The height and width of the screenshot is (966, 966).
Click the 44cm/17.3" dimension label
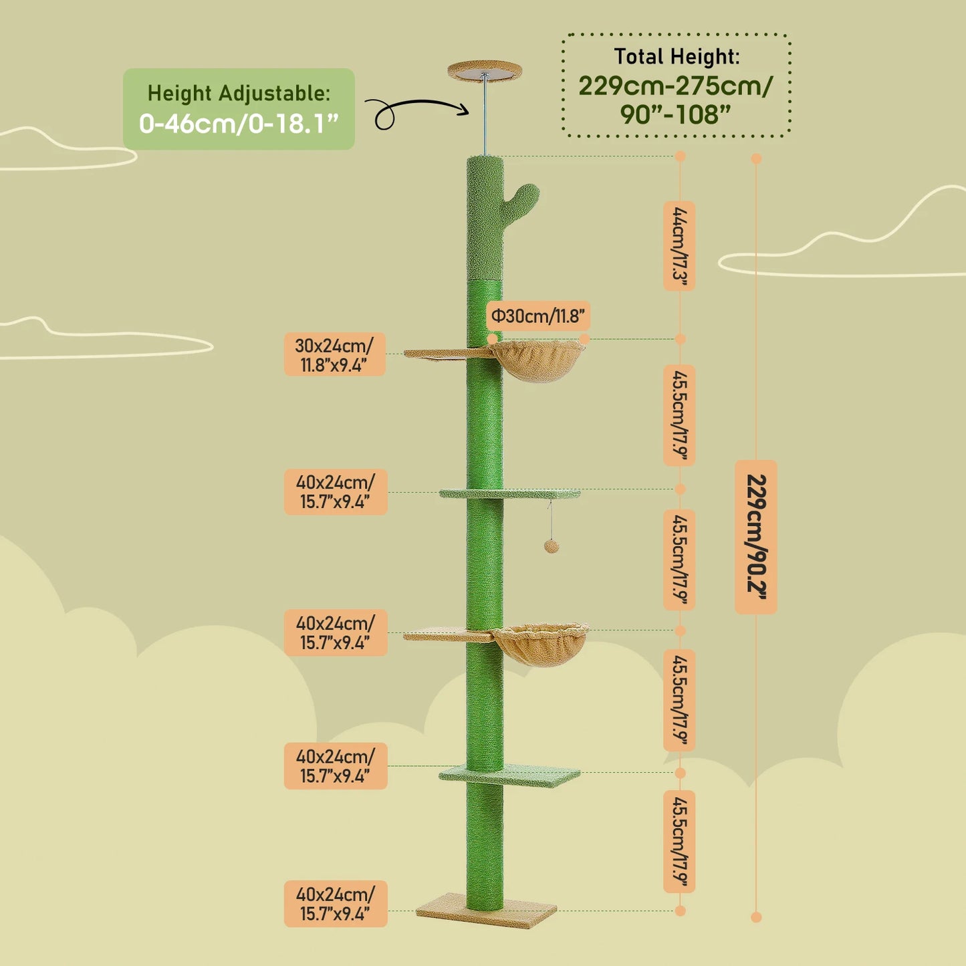pos(679,246)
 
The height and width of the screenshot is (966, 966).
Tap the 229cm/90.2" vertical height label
pos(756,537)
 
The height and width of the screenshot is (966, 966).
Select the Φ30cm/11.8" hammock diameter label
pos(538,316)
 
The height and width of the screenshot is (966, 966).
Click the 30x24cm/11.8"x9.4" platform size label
pos(335,354)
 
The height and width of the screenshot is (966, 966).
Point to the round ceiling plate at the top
pos(485,69)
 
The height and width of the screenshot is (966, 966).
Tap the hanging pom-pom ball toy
pos(551,547)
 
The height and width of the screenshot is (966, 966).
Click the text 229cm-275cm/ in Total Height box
pos(676,86)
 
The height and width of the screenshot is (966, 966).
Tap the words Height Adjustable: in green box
pos(239,93)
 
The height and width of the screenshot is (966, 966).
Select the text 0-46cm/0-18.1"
pos(239,124)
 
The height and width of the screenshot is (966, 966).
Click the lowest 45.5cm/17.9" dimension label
pos(679,841)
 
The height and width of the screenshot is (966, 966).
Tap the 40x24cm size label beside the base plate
pos(335,903)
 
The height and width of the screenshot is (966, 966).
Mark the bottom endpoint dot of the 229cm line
pos(756,917)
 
